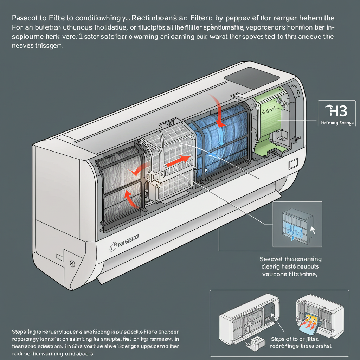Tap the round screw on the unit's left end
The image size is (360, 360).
point(72,263)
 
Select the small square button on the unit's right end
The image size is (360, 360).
point(292,164)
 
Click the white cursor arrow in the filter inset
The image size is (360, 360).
point(312,230)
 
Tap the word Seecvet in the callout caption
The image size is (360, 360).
point(270,259)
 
